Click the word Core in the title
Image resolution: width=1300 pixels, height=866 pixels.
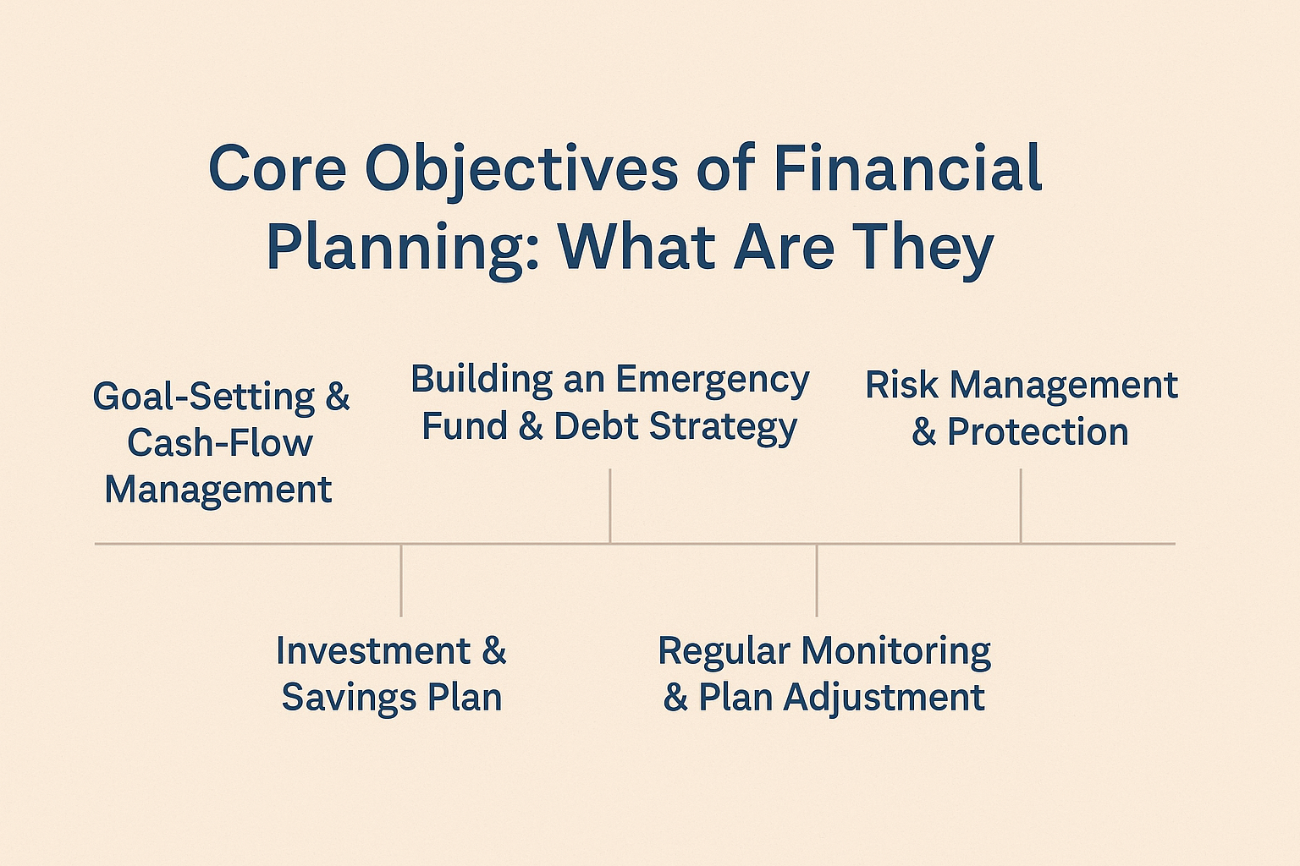coord(278,168)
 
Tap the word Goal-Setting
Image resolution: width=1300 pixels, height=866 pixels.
coord(204,398)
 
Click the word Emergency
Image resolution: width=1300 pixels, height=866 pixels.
coord(712,382)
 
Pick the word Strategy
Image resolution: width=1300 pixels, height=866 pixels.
coord(723,428)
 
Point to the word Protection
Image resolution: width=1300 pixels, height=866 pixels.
coord(1038,431)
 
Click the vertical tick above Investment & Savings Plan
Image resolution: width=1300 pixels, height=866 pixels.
coord(401,580)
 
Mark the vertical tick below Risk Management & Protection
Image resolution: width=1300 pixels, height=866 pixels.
coord(1021,507)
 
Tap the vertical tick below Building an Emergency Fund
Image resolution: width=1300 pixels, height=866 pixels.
coord(610,507)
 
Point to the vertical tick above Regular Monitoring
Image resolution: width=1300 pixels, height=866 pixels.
coord(817,580)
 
